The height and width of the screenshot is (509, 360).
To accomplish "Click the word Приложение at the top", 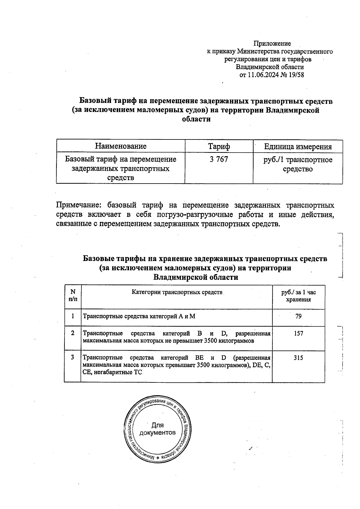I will [272, 44].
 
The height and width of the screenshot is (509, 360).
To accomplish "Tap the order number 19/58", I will [296, 75].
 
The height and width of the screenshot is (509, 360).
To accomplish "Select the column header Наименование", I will [121, 146].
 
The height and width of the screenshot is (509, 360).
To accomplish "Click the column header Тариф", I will [219, 146].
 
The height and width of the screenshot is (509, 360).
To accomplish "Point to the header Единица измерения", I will [298, 147].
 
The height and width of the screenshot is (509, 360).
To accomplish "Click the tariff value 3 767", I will [219, 160].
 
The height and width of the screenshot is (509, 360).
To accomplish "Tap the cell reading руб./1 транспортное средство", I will [298, 164].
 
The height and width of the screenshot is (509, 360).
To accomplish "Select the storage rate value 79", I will [298, 316].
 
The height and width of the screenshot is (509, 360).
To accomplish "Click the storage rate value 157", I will [298, 334].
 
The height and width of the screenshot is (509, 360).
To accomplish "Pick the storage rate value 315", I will [298, 358].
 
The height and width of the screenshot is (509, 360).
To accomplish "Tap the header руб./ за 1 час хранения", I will [298, 296].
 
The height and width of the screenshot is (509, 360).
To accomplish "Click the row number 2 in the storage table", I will [73, 333].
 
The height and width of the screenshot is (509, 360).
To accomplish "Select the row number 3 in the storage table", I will [73, 358].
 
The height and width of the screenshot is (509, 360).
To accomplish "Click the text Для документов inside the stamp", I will [157, 429].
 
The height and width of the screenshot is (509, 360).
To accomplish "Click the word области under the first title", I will [196, 119].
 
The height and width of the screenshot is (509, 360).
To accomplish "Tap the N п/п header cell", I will [73, 295].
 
